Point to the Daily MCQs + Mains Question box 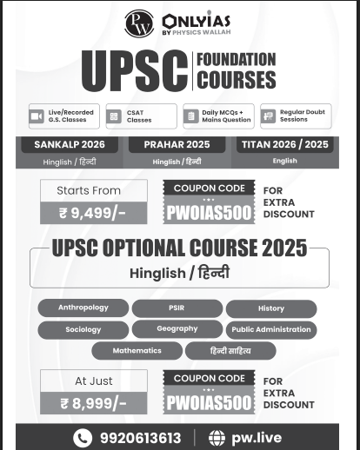[217, 116]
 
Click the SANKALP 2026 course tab [69, 144]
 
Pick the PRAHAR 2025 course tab [177, 144]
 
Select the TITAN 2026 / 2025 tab [284, 144]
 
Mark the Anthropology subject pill [83, 308]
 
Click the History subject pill [271, 308]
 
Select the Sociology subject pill [83, 330]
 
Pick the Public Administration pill [271, 330]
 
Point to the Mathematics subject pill [137, 351]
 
